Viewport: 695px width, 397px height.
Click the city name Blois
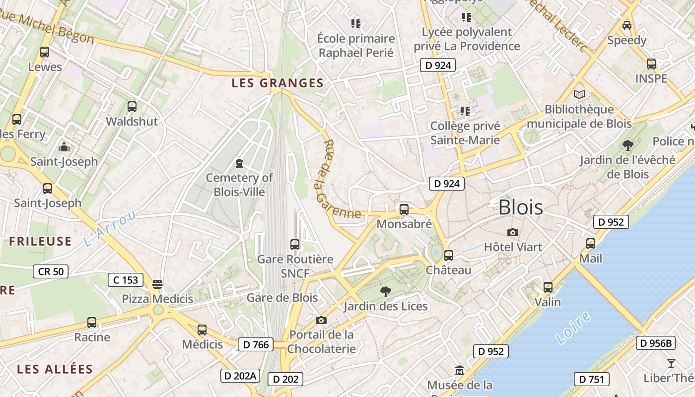(520, 207)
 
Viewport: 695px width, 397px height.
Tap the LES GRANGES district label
(278, 83)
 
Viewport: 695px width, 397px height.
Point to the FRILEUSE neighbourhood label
(40, 242)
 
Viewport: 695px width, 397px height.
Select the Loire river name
(573, 328)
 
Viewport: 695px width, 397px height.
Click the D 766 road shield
(256, 344)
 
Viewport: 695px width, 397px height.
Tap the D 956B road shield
(655, 343)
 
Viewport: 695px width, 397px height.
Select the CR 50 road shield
(51, 271)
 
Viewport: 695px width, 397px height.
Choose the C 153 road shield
(126, 280)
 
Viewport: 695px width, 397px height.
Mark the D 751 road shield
(592, 379)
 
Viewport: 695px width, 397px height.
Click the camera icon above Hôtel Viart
(513, 232)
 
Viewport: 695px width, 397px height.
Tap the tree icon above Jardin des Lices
(385, 291)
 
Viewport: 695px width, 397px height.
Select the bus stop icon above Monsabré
(404, 209)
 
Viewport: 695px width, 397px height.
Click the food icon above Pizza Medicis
(157, 284)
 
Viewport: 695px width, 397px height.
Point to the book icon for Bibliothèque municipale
(579, 94)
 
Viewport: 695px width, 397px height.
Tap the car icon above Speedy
(627, 25)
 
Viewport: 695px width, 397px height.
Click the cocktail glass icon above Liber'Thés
(671, 363)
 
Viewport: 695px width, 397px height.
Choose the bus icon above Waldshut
(132, 106)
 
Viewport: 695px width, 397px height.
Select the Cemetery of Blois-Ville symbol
(239, 163)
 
